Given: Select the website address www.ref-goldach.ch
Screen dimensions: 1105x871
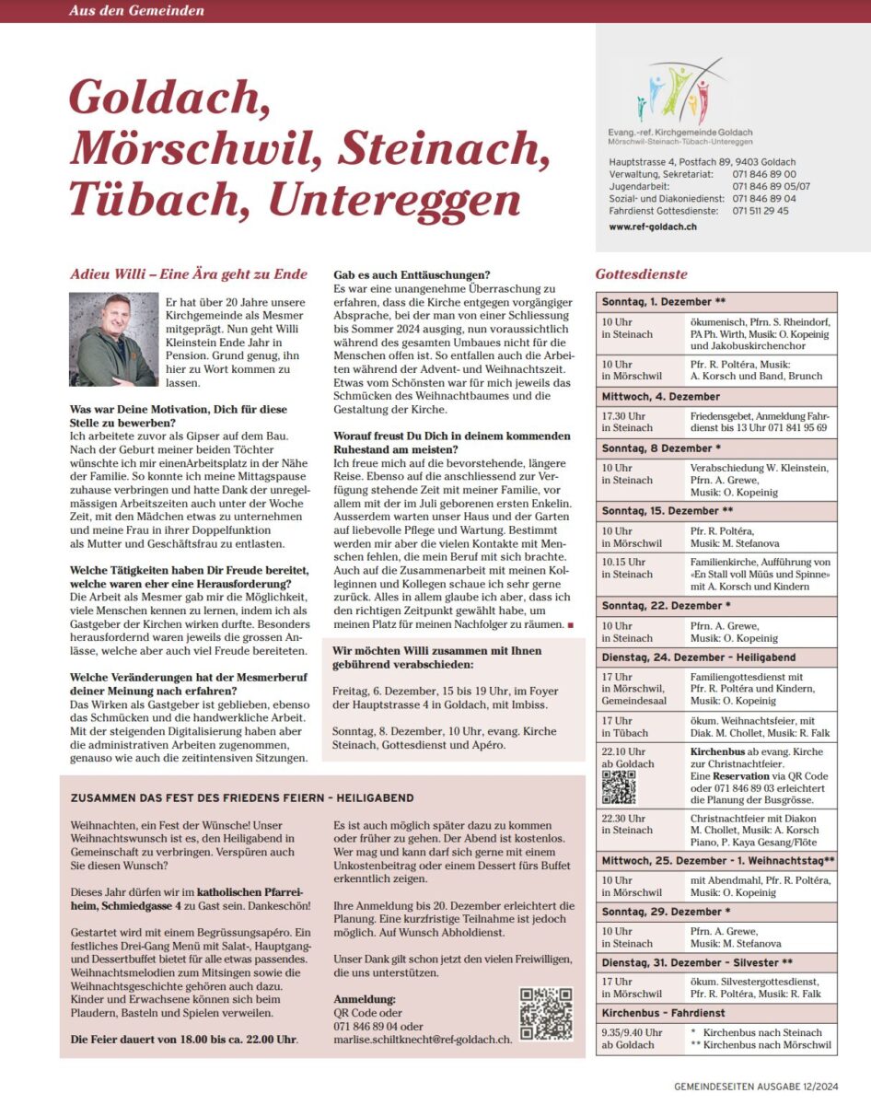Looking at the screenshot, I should point(652,226).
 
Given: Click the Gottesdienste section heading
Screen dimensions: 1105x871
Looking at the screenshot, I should point(642,273).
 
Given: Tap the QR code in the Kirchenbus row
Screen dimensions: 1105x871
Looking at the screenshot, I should point(618,786).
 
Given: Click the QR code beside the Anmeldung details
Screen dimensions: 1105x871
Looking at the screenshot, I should point(546,1014).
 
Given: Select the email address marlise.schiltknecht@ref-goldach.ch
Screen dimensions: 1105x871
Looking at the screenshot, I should point(423,1040).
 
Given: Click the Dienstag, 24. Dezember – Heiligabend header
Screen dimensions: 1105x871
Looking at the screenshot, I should point(699,657).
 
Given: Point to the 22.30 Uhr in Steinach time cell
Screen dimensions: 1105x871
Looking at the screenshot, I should point(627,823).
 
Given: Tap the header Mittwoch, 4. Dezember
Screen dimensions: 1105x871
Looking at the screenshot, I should point(661,396).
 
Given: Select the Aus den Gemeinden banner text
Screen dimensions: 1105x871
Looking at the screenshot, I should point(136,11).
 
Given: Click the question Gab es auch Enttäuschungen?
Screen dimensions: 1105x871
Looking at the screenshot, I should point(411,274).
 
